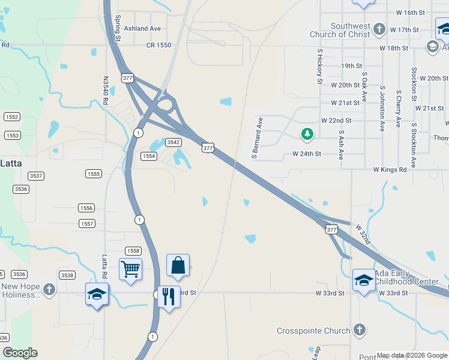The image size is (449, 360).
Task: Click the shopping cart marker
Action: point(130,269)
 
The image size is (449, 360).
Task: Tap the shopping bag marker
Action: point(178,265)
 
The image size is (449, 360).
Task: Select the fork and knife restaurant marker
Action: point(169,296)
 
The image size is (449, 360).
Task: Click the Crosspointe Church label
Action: point(313,331)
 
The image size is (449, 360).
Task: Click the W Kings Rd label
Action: point(390,170)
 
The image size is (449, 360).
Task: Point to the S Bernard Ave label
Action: point(258,138)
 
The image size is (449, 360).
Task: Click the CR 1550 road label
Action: point(158,45)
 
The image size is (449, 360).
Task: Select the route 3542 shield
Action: point(173,142)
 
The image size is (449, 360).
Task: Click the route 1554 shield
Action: point(149,156)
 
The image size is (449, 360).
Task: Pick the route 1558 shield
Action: point(133,251)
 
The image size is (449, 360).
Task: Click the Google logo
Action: point(20,353)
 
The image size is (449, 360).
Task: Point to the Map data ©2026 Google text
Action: point(411,355)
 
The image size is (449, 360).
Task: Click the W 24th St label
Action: point(307,154)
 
